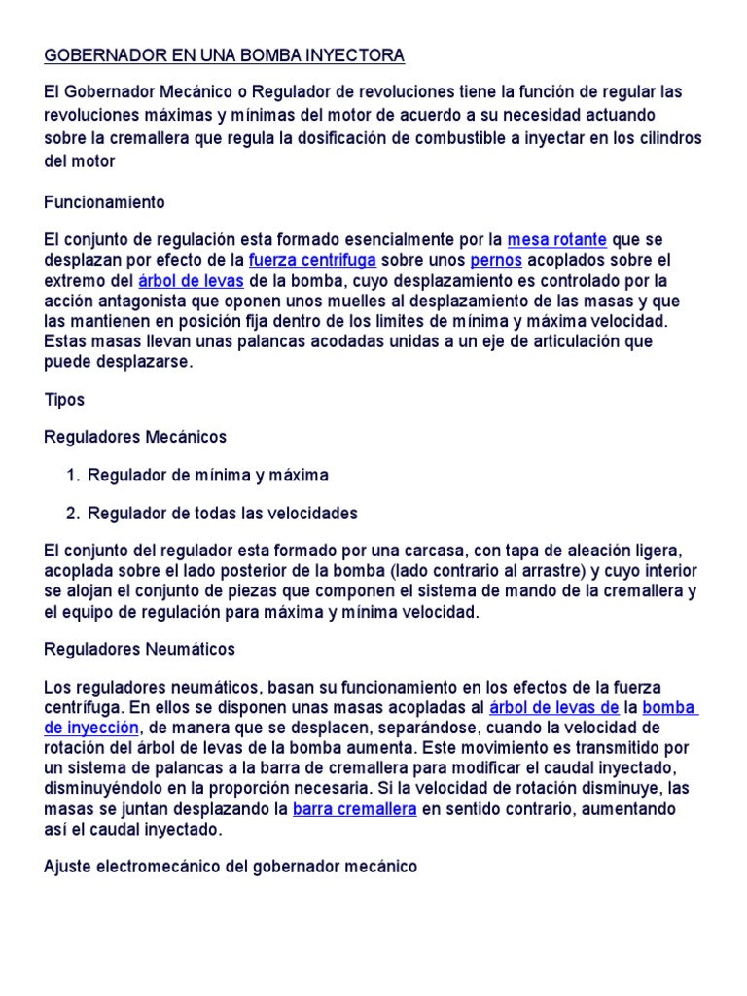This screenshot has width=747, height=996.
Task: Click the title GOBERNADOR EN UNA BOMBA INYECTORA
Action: pyautogui.click(x=224, y=55)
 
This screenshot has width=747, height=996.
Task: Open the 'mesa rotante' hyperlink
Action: pyautogui.click(x=556, y=239)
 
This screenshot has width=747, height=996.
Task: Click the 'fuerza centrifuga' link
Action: pyautogui.click(x=312, y=260)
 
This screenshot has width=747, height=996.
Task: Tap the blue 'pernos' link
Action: pyautogui.click(x=496, y=260)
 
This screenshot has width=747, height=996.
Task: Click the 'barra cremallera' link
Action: pyautogui.click(x=354, y=809)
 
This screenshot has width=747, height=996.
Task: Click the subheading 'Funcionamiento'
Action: pyautogui.click(x=105, y=202)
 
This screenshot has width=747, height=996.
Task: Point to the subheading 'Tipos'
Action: pyautogui.click(x=65, y=400)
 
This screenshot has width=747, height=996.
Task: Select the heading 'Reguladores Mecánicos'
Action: pyautogui.click(x=135, y=437)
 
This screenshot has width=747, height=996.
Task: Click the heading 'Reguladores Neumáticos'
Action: pyautogui.click(x=140, y=649)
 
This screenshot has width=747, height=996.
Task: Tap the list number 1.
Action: pyautogui.click(x=73, y=476)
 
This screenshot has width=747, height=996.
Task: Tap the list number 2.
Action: pyautogui.click(x=73, y=513)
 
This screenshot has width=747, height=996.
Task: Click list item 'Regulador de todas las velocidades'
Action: pyautogui.click(x=223, y=513)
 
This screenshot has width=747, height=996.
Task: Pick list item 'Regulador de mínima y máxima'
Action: pyautogui.click(x=208, y=476)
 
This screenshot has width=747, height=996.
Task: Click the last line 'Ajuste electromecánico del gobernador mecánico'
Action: pyautogui.click(x=231, y=866)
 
